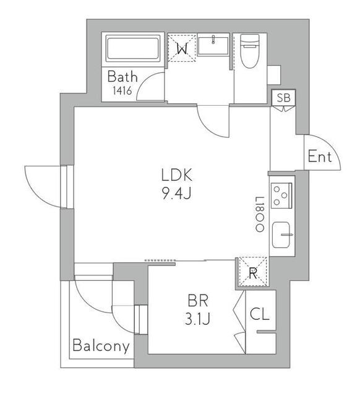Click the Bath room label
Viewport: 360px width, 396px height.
(x=122, y=77)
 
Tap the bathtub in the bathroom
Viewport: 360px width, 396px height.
(x=133, y=48)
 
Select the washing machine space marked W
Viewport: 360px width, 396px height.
(x=182, y=48)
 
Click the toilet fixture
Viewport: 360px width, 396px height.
(x=250, y=51)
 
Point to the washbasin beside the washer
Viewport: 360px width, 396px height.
(x=213, y=45)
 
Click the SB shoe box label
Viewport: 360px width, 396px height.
(x=284, y=98)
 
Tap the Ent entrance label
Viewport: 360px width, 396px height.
(x=320, y=157)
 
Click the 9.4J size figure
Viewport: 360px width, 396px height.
(x=176, y=194)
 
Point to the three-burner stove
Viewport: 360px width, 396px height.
(x=281, y=196)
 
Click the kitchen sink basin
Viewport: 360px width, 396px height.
(x=281, y=235)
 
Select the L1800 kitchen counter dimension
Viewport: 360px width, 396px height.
(x=260, y=215)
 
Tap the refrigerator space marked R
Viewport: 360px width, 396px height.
(x=253, y=272)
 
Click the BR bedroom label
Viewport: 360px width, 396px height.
(x=198, y=301)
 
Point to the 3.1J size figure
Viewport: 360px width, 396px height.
(x=197, y=319)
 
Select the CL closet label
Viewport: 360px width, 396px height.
(x=260, y=314)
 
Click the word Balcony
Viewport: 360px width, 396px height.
(x=101, y=346)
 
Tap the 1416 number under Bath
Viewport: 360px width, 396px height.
(x=122, y=90)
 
